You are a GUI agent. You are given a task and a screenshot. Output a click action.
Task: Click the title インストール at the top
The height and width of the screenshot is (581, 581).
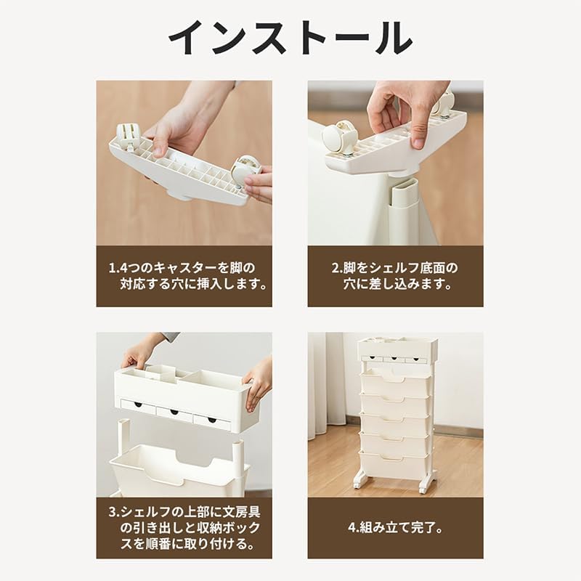point(290,38)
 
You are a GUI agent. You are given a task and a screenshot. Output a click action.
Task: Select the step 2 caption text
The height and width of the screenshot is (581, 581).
point(395,276)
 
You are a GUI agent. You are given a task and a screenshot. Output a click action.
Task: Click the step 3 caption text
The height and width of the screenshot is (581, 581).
point(184,528)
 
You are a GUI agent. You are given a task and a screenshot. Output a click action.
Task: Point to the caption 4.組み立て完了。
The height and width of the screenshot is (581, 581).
point(395,528)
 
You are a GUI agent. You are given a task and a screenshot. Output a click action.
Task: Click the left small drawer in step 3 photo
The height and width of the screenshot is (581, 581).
point(138,407)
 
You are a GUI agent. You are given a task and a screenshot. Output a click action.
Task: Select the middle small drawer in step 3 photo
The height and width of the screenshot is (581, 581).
point(174,413)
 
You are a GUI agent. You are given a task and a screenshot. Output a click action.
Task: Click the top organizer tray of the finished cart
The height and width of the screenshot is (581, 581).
point(394,349)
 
